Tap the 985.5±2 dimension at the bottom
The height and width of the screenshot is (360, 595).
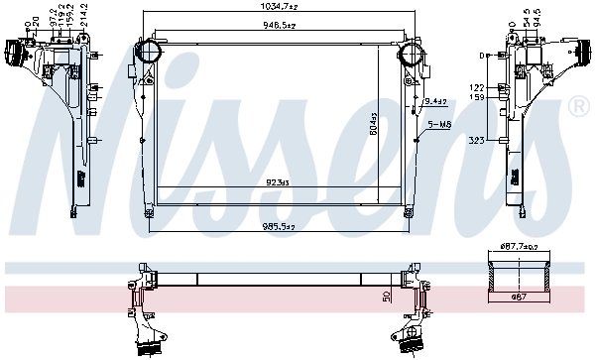(x=279, y=226)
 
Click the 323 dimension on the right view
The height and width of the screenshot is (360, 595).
(x=477, y=143)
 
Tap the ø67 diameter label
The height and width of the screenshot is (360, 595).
(x=518, y=296)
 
